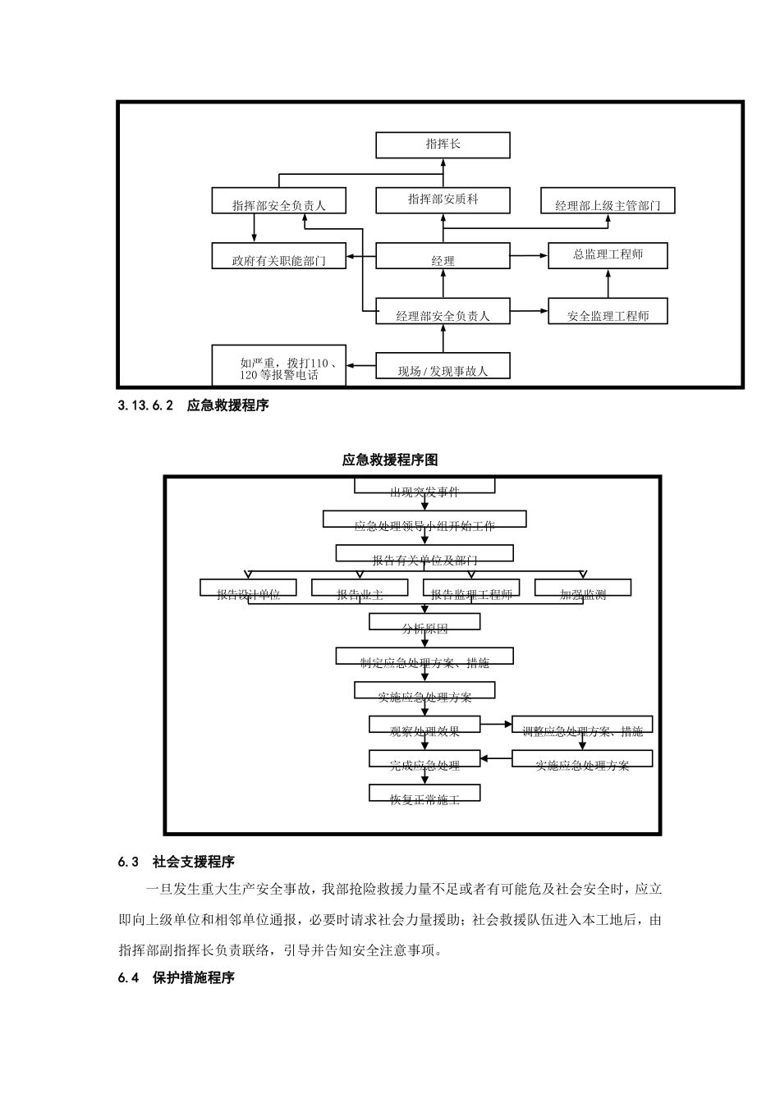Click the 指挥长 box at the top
click(x=443, y=144)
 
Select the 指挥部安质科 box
click(x=443, y=200)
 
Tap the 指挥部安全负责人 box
click(x=278, y=202)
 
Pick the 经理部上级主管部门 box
click(x=608, y=202)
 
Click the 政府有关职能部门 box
click(x=278, y=256)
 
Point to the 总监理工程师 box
click(x=608, y=255)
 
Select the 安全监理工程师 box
click(x=608, y=312)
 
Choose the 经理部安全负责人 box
click(x=443, y=312)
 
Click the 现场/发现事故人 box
click(x=443, y=366)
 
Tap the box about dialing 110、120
click(x=278, y=366)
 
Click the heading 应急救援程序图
click(x=390, y=460)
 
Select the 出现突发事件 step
click(x=424, y=487)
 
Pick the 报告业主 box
click(x=360, y=588)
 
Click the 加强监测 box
click(x=583, y=588)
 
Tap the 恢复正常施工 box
click(x=424, y=794)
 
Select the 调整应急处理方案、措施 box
click(x=582, y=725)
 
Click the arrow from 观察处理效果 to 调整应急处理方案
click(x=496, y=725)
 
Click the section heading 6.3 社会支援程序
click(x=177, y=862)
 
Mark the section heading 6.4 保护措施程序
click(x=177, y=978)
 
